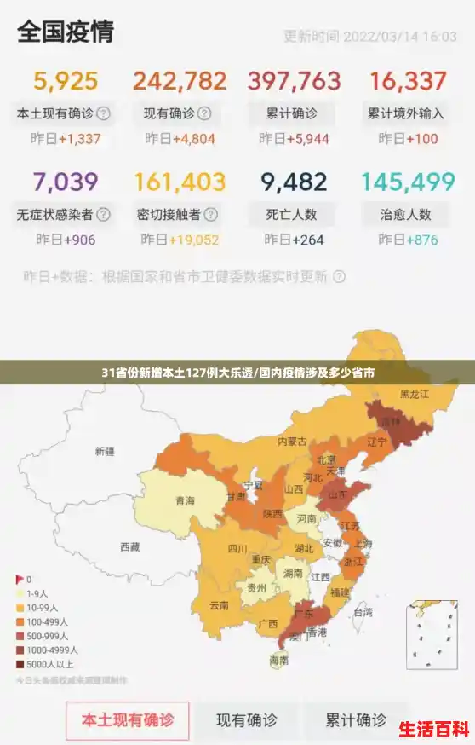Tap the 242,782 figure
tap(180, 81)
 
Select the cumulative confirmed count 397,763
tap(294, 81)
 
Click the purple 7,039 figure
tap(66, 182)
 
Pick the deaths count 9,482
tap(294, 182)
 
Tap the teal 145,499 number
tap(408, 182)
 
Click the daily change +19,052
tap(194, 240)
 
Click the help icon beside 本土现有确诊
tap(103, 113)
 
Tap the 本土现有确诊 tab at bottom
tap(128, 719)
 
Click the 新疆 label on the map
tap(105, 451)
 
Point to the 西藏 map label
tap(129, 547)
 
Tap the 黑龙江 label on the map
tap(415, 395)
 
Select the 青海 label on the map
tap(185, 500)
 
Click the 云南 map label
tap(219, 606)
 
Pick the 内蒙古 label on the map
tap(292, 442)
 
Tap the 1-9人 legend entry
tap(37, 593)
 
